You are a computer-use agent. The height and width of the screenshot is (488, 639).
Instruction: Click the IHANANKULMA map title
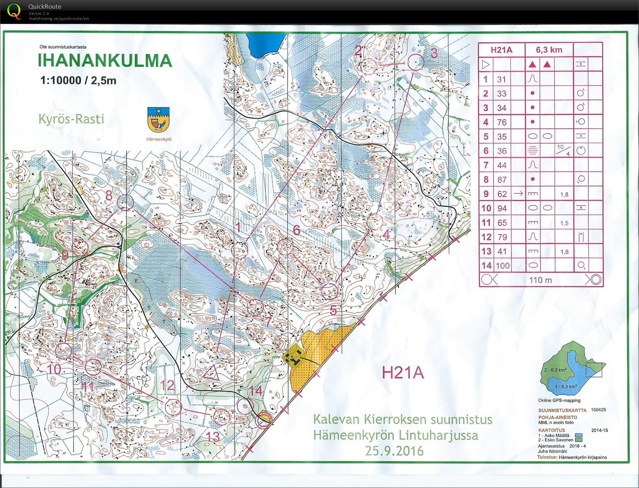[105, 61]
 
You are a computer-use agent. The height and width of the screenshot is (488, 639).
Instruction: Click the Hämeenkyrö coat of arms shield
[159, 120]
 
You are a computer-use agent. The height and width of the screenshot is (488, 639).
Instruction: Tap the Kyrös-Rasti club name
[71, 119]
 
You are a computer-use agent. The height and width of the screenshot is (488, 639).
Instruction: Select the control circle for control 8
[126, 203]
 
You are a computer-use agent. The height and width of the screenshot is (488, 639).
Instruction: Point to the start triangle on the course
[212, 373]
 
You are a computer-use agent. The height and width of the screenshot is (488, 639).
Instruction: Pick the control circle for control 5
[330, 292]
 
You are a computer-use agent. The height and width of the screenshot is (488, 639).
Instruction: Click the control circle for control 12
[173, 407]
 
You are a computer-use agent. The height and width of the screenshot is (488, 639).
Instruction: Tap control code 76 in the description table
[502, 122]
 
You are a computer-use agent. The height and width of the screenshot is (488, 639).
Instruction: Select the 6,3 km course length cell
[549, 50]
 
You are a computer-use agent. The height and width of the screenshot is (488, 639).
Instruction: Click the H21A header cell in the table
[501, 50]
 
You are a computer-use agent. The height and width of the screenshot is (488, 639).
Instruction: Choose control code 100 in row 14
[502, 266]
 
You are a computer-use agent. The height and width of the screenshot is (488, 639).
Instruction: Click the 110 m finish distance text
[540, 280]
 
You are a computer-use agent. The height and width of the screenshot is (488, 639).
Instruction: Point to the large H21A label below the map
[403, 373]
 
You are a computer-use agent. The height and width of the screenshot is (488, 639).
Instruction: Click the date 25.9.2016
[394, 451]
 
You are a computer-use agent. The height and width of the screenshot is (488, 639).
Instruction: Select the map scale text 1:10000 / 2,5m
[78, 80]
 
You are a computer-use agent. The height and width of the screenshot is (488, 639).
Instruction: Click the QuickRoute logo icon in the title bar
[14, 11]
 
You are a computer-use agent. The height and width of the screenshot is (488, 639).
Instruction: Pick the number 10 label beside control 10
[54, 369]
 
